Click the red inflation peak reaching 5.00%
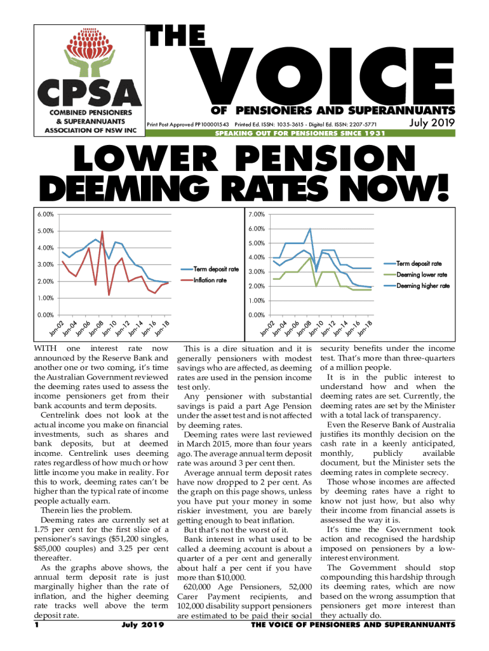(x=102, y=232)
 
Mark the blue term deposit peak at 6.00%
(x=310, y=229)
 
